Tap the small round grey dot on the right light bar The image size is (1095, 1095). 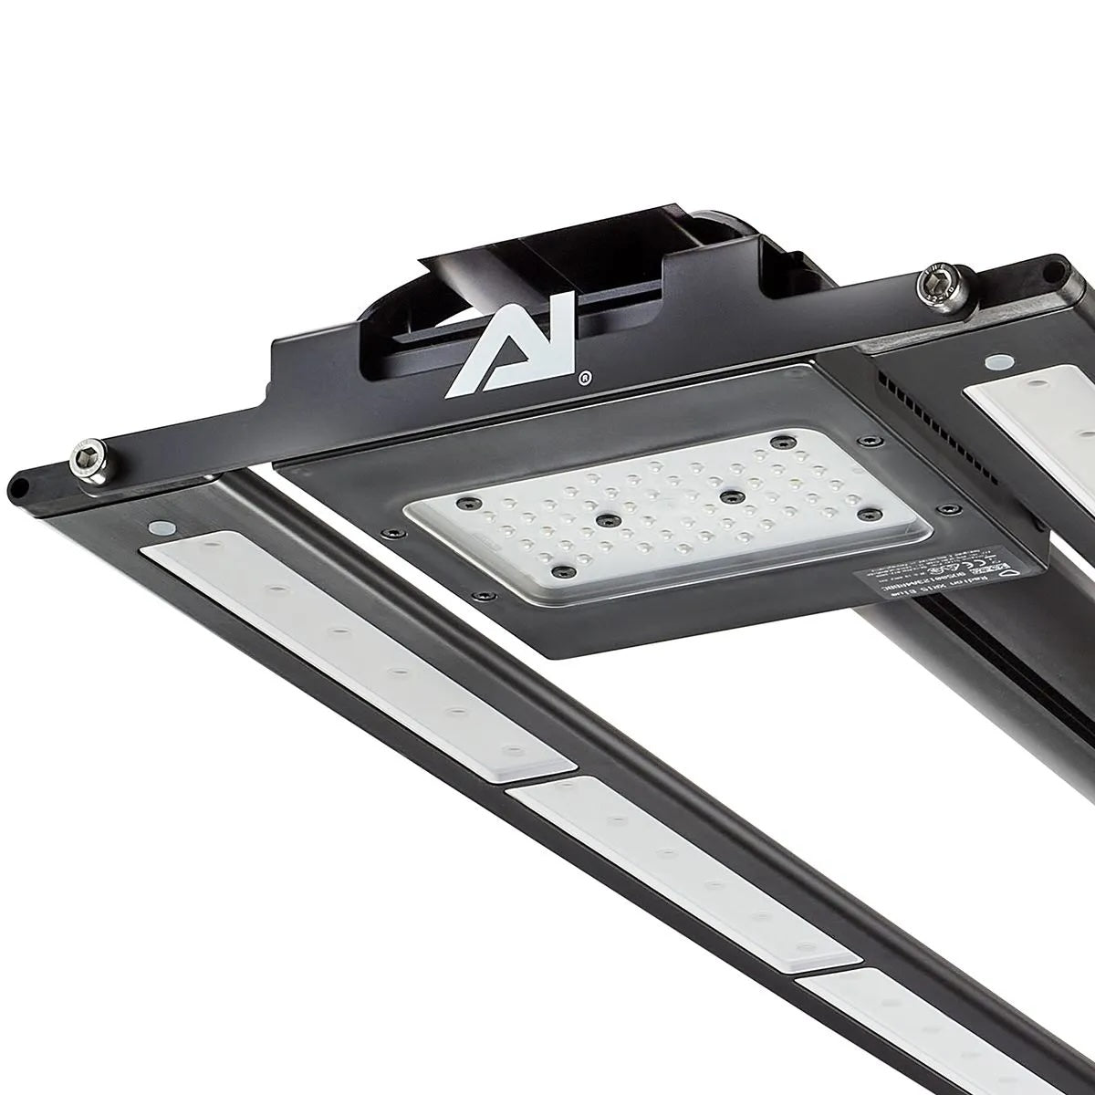point(996,363)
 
